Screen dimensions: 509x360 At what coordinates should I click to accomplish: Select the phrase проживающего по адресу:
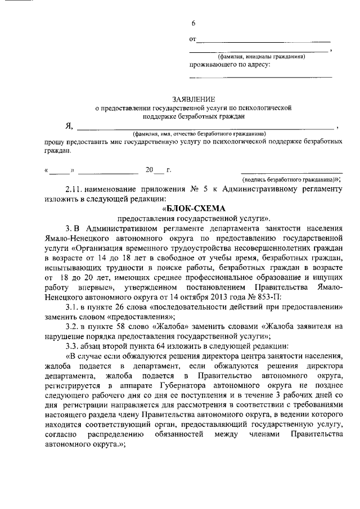229,64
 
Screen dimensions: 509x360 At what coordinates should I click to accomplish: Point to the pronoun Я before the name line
69,126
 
